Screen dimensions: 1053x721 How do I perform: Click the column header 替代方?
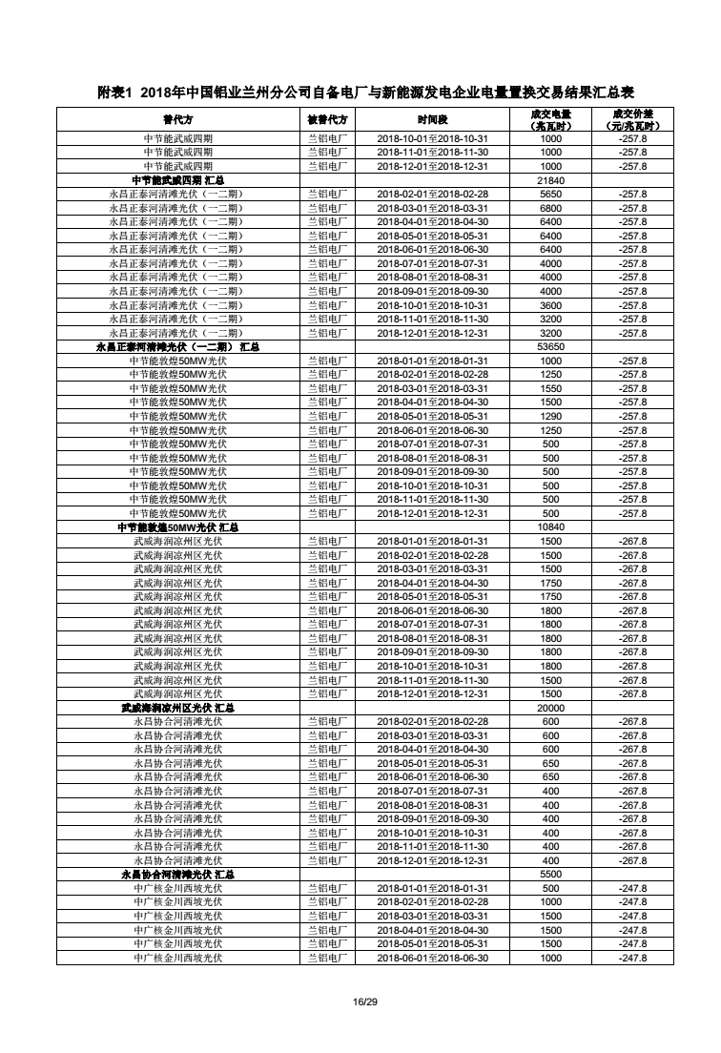point(178,120)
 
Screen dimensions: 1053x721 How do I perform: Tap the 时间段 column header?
point(432,120)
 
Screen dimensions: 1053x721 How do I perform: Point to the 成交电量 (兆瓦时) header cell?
point(551,120)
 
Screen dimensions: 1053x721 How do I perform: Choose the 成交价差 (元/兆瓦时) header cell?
point(632,120)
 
